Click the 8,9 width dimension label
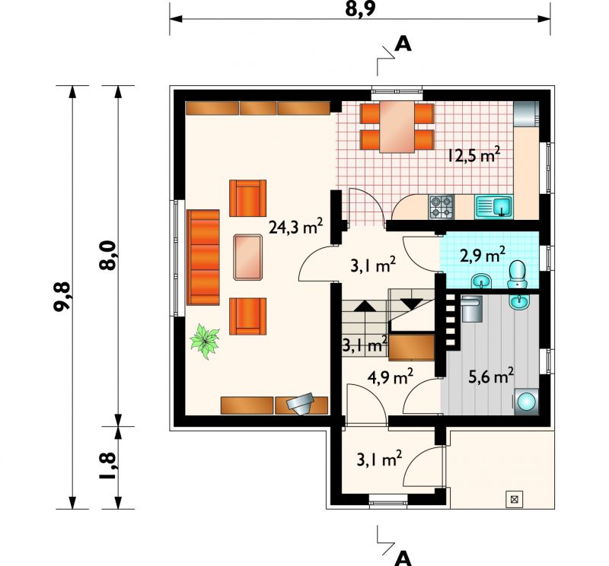point(360,9)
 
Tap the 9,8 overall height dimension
point(62,296)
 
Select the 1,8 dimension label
point(107,466)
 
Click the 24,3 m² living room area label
point(296,227)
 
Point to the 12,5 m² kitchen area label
point(473,155)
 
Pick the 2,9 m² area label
point(483,256)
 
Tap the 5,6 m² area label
point(491,376)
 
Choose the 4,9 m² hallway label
point(390,377)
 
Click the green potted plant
point(204,341)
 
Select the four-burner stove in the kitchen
point(442,206)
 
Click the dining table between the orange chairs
point(397,127)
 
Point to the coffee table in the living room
point(248,257)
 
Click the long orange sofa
point(203,257)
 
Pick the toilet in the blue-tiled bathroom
point(517,274)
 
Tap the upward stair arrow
point(365,307)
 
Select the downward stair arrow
point(412,304)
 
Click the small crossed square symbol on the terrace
point(515,499)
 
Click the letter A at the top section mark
point(403,44)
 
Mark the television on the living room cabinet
point(300,404)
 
